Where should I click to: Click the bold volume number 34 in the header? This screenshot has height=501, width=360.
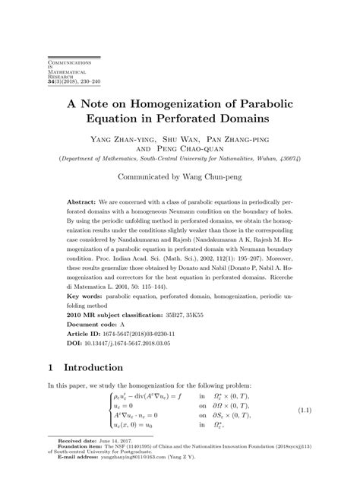tap(52, 81)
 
